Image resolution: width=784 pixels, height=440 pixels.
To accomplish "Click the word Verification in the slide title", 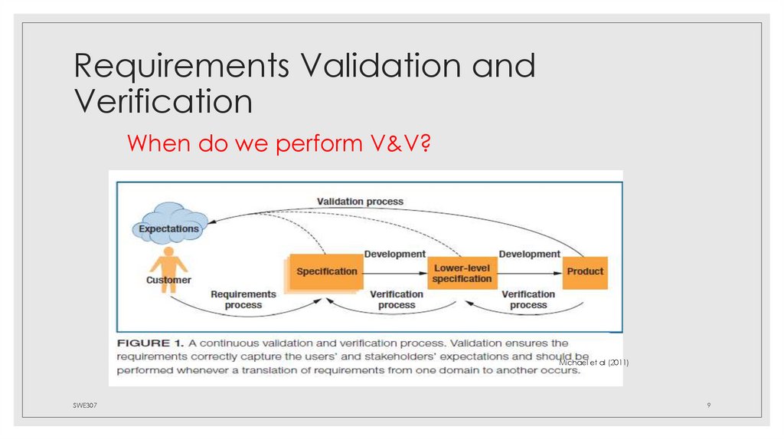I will tap(163, 102).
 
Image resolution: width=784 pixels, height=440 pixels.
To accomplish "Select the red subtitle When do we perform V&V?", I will tap(279, 143).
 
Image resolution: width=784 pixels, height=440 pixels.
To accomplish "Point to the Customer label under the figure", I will tap(168, 281).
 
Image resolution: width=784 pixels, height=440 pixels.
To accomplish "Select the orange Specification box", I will tap(326, 271).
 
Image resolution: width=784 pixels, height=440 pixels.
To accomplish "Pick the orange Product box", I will tap(586, 271).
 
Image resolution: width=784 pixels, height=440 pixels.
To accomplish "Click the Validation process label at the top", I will tap(360, 202).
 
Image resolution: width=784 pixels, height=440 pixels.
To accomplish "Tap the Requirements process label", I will tap(243, 300).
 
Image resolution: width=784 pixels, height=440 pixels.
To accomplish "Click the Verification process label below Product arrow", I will tap(528, 300).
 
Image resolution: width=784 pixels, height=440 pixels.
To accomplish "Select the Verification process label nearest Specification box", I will tap(396, 300).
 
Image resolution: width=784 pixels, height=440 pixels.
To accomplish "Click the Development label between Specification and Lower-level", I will tap(394, 254).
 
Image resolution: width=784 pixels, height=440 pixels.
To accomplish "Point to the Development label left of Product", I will tap(529, 254).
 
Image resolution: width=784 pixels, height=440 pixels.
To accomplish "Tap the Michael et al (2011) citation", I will tap(593, 361).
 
